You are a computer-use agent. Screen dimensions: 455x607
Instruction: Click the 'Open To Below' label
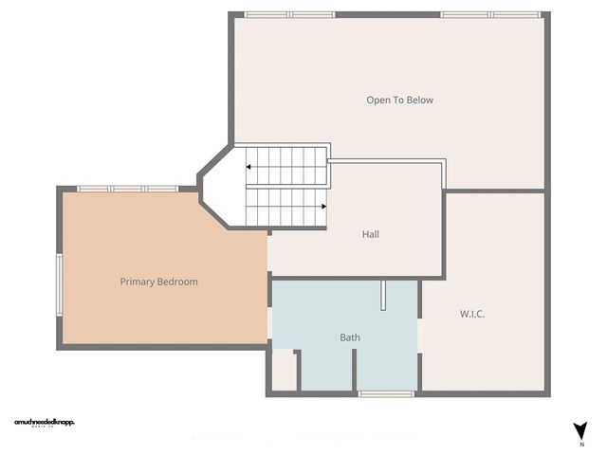click(399, 100)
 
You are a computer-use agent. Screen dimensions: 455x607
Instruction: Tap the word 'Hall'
click(371, 234)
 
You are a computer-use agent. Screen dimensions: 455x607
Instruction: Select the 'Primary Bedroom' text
click(158, 282)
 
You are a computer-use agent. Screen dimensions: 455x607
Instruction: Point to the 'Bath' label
click(350, 337)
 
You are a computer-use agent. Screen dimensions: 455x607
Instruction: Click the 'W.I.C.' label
click(472, 314)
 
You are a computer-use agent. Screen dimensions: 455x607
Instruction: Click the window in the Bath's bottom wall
click(386, 393)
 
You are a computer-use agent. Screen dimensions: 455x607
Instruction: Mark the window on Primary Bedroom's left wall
click(60, 283)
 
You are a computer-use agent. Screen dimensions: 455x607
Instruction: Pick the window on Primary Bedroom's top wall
click(127, 189)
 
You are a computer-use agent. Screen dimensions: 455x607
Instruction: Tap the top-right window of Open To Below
click(490, 14)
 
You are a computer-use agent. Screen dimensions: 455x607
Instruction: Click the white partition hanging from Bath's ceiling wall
click(384, 296)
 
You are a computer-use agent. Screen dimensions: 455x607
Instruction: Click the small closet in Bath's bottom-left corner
click(284, 372)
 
